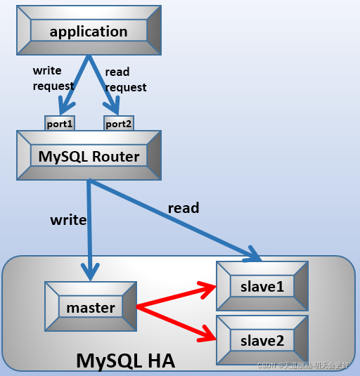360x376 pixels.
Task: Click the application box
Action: pos(89,32)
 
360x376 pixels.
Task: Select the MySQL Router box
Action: pos(89,156)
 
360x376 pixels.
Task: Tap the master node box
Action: pos(91,307)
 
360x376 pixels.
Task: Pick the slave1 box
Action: pos(262,286)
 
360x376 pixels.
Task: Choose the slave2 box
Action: pos(262,341)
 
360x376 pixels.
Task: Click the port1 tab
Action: pos(60,124)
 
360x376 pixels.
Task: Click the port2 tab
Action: pos(118,124)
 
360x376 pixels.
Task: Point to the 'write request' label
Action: pos(53,78)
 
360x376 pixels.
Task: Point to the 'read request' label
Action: pos(125,79)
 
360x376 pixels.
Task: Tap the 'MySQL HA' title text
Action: pos(125,361)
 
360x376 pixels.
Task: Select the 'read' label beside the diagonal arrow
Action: pos(183,208)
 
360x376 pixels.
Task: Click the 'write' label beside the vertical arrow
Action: pos(68,220)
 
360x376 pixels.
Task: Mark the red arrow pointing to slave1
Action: pos(176,296)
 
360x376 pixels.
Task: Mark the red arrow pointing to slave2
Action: pos(176,321)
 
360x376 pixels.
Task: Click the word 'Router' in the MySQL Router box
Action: pos(115,156)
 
